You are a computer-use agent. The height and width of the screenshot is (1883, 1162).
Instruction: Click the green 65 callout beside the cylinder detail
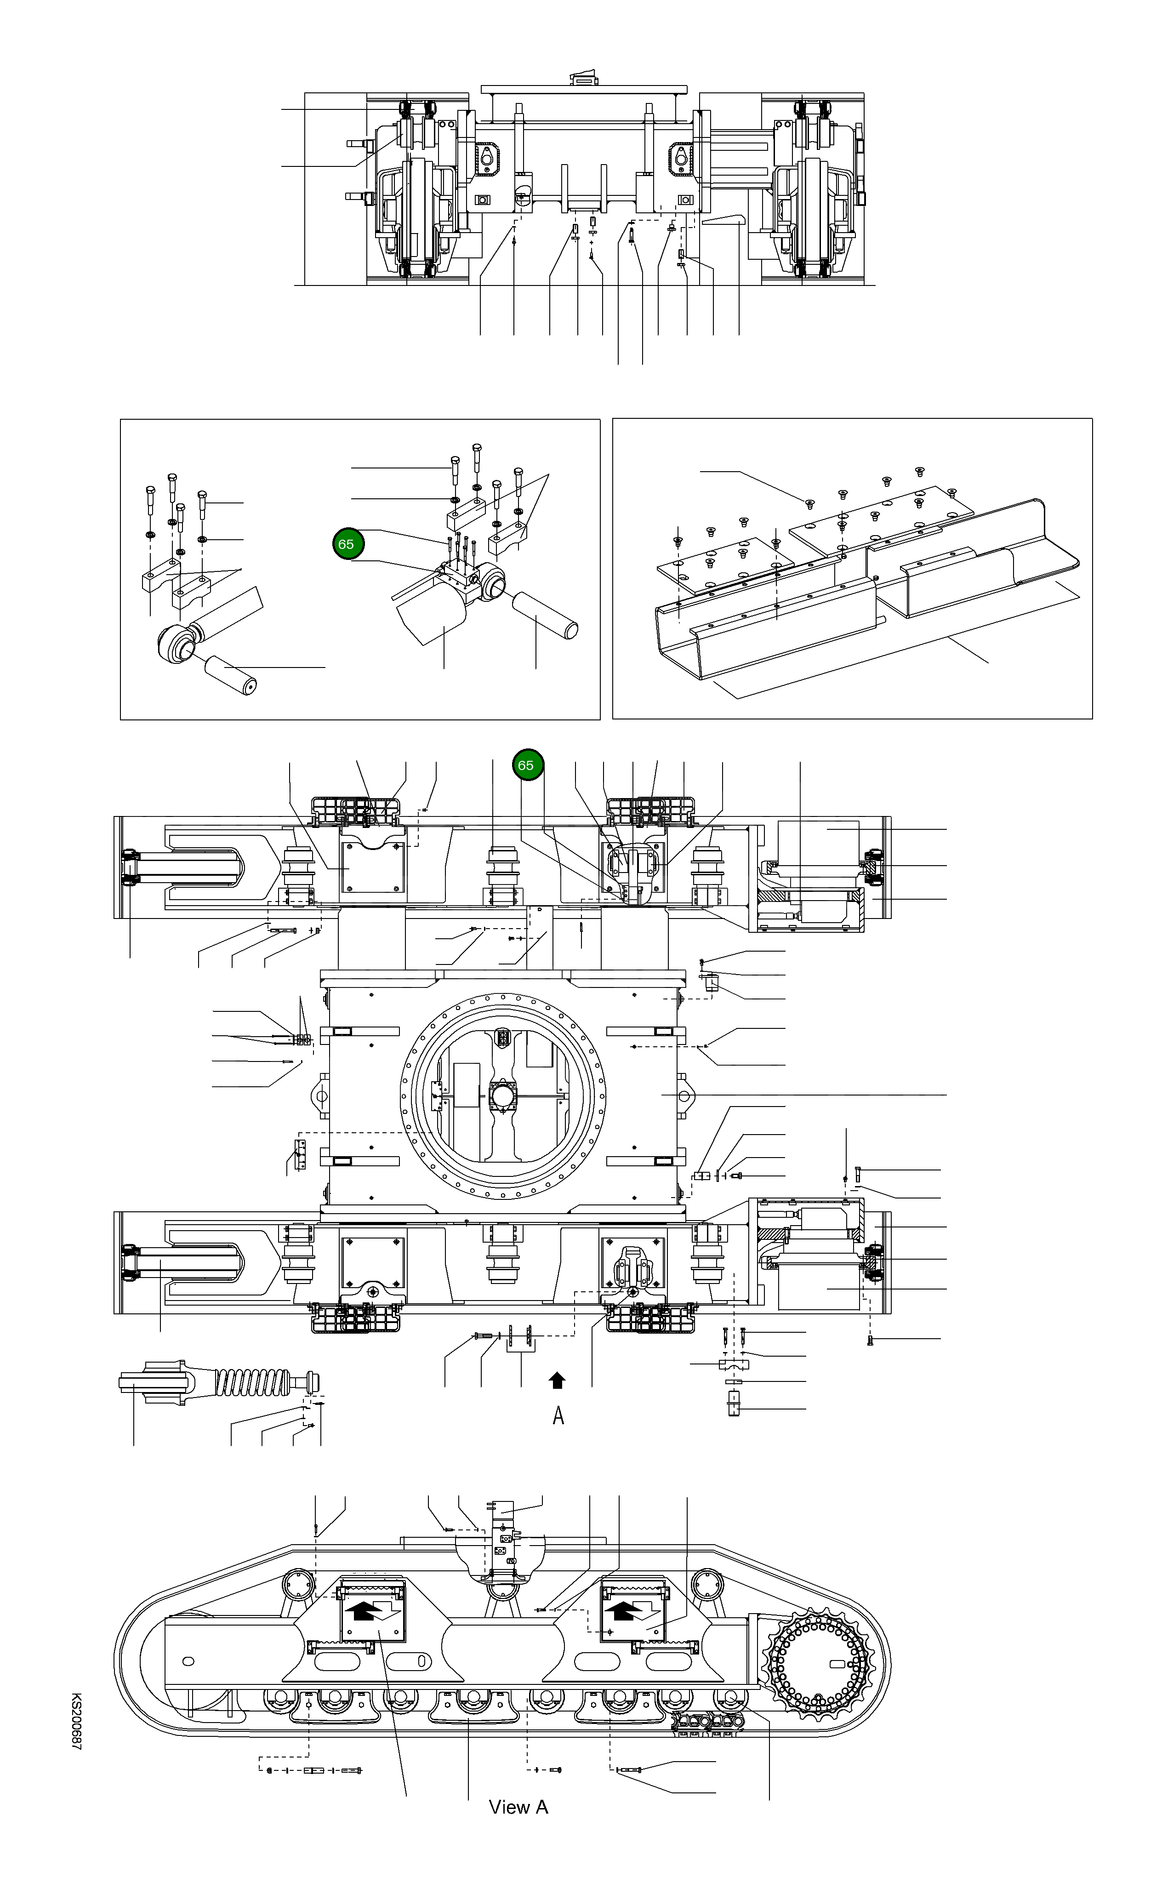click(346, 544)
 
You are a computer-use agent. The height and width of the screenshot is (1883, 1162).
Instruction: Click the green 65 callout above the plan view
click(526, 765)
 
